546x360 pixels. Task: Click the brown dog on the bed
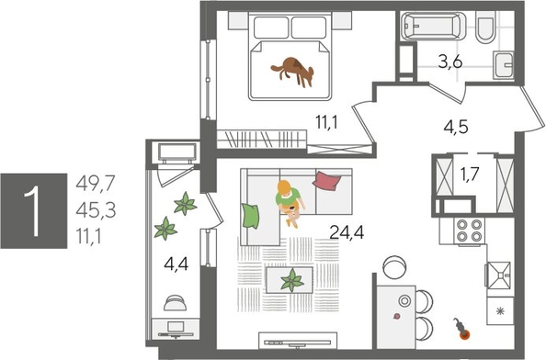click(x=293, y=71)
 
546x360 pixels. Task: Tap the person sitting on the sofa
click(x=290, y=200)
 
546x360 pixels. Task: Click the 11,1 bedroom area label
click(x=328, y=119)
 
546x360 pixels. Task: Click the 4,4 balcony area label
click(x=176, y=266)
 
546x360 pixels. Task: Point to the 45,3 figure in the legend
click(x=95, y=211)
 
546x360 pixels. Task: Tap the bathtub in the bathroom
click(x=436, y=28)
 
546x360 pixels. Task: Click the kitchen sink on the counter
click(x=502, y=274)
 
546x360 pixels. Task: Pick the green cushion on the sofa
click(x=249, y=215)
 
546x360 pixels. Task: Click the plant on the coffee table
click(x=292, y=279)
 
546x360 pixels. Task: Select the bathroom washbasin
click(x=505, y=66)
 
